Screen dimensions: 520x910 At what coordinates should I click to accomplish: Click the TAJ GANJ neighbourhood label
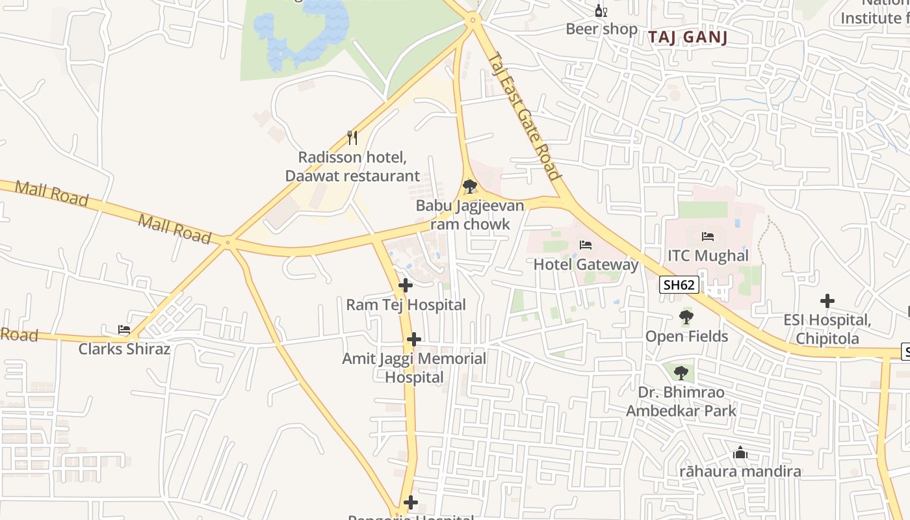[x=687, y=37]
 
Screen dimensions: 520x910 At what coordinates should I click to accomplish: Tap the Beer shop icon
[x=601, y=11]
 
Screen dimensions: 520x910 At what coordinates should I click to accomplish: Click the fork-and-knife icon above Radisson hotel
[x=352, y=137]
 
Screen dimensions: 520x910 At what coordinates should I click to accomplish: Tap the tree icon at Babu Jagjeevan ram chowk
[x=469, y=187]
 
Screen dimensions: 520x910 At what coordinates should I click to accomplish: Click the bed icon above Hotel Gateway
[x=585, y=245]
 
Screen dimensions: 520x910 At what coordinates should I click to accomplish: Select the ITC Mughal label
[x=708, y=255]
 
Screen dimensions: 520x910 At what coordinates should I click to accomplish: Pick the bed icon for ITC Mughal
[x=708, y=237]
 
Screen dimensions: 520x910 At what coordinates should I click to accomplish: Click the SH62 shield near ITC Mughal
[x=679, y=285]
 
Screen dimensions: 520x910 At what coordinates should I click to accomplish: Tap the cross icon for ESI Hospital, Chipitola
[x=827, y=301]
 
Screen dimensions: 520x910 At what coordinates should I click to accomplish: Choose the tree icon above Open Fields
[x=686, y=317]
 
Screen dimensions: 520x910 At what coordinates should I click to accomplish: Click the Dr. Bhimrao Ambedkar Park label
[x=681, y=401]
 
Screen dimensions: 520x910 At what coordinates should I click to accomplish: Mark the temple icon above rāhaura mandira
[x=740, y=452]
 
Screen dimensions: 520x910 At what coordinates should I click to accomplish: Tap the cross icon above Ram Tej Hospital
[x=406, y=285]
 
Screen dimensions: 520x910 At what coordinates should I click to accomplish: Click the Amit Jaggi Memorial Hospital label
[x=414, y=367]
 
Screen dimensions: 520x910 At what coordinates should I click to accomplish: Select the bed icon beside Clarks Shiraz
[x=124, y=330]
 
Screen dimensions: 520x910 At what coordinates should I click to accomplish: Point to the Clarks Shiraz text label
[x=124, y=349]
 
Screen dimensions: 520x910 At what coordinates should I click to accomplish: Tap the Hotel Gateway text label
[x=586, y=265]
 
